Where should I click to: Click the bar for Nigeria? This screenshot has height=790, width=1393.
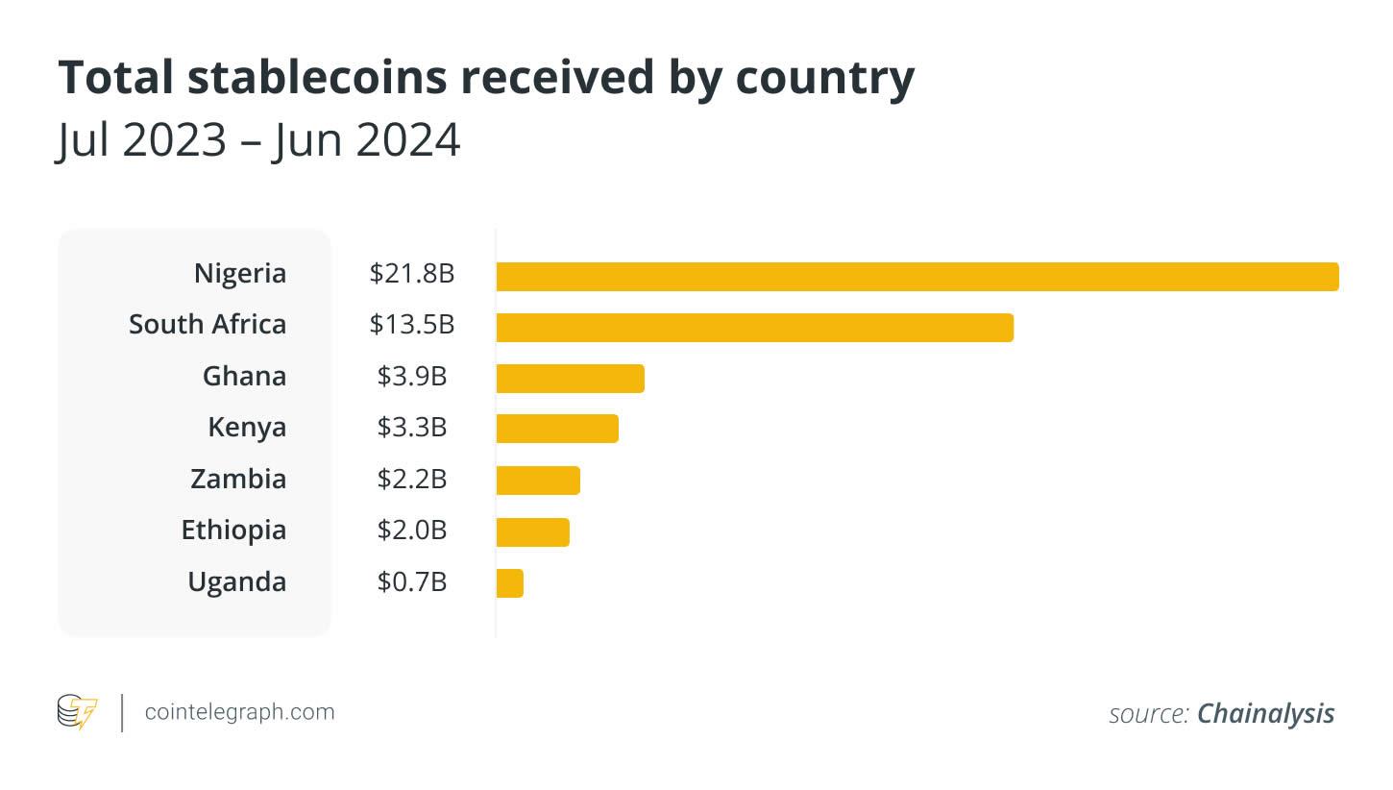[x=916, y=276]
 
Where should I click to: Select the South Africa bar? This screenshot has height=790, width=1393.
[x=754, y=328]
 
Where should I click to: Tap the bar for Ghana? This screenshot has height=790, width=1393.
[x=570, y=379]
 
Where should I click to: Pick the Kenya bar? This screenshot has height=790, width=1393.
[x=557, y=429]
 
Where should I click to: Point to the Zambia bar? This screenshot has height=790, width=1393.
[x=538, y=480]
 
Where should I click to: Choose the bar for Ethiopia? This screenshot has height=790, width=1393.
[x=532, y=531]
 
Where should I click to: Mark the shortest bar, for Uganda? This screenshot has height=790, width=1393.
[x=510, y=583]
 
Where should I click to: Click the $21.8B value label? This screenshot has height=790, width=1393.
[x=411, y=274]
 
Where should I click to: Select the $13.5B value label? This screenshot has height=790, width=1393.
[x=411, y=325]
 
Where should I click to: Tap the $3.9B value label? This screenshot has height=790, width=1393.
[x=411, y=376]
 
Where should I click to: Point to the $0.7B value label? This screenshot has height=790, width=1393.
[x=411, y=582]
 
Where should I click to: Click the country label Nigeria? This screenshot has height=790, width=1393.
[x=240, y=274]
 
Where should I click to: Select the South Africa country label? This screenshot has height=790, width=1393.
[x=208, y=325]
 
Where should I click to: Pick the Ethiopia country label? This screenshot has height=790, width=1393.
[x=233, y=531]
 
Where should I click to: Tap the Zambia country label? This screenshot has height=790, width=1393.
[x=238, y=479]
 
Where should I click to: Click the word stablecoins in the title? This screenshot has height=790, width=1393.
[x=317, y=78]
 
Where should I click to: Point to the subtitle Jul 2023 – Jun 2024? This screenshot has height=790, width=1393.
[x=258, y=140]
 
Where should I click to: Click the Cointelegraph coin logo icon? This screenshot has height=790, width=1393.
[x=77, y=712]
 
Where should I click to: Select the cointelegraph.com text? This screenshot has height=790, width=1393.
[x=239, y=712]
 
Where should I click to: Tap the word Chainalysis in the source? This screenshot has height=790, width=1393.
[x=1265, y=714]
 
